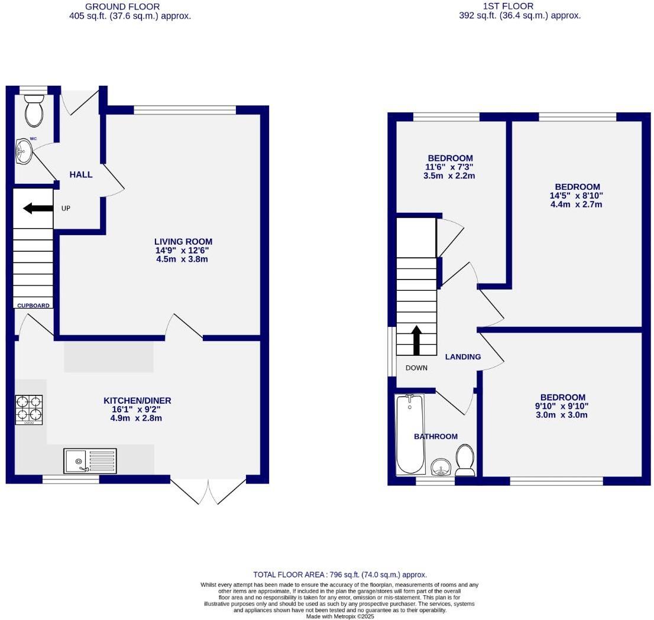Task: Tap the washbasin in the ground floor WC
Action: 24,151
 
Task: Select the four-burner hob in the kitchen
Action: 29,410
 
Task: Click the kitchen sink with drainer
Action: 90,461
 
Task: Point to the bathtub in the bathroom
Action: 409,435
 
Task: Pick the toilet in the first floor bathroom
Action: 465,460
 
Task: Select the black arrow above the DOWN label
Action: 416,340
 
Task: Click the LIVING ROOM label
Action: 183,242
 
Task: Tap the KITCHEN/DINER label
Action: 137,401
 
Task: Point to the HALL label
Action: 81,174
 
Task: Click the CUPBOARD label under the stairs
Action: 33,306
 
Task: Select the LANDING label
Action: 462,357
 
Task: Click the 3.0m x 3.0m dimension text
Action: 562,415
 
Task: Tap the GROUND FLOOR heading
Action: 122,7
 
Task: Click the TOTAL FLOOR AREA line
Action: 339,574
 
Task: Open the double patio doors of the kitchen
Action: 208,491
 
